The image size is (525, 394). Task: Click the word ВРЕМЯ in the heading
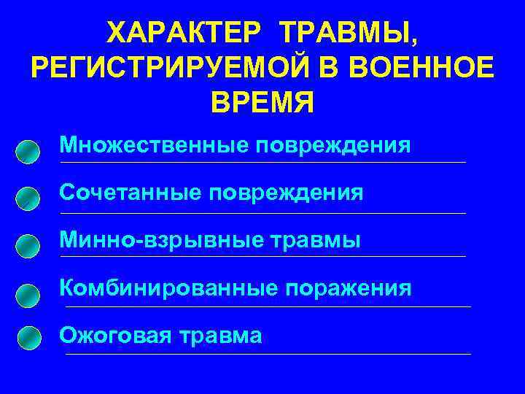[262, 102]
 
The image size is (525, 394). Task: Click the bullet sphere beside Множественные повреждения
[27, 151]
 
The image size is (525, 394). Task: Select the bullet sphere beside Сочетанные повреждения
[27, 198]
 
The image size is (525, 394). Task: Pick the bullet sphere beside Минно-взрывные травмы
[27, 246]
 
